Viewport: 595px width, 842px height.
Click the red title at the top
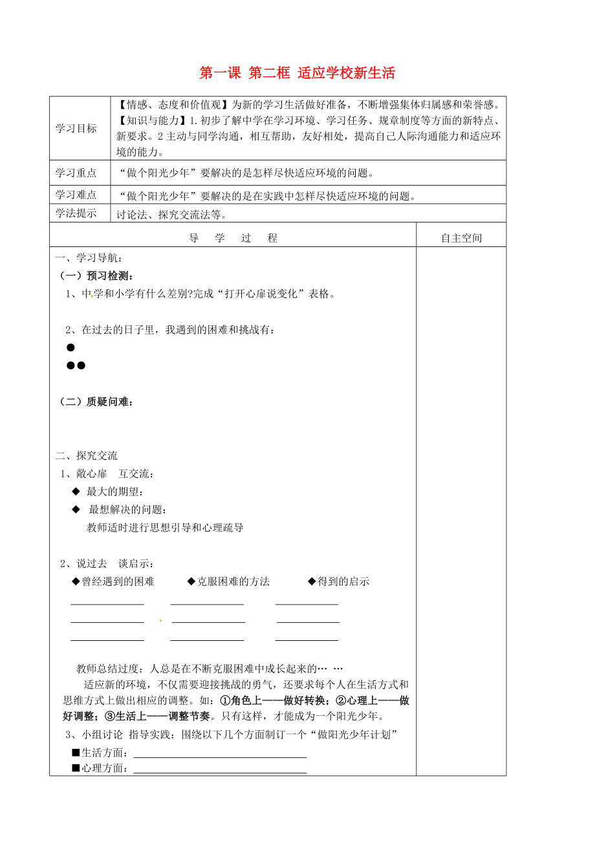pos(297,73)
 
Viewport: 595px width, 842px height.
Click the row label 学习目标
pos(76,128)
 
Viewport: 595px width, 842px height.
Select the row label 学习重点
pos(76,173)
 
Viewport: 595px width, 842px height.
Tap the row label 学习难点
pos(76,195)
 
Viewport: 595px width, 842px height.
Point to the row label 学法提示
pos(76,213)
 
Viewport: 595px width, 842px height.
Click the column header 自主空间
pos(461,238)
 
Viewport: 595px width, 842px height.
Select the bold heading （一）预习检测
pos(97,275)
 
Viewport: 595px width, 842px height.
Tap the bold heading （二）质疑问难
pos(97,402)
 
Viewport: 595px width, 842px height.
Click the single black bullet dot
pos(70,347)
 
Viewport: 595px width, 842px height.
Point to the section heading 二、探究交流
pos(87,456)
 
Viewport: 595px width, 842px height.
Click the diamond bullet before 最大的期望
pos(76,492)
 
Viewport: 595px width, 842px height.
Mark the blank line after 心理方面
pos(219,771)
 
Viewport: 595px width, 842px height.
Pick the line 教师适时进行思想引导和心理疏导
pos(165,527)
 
